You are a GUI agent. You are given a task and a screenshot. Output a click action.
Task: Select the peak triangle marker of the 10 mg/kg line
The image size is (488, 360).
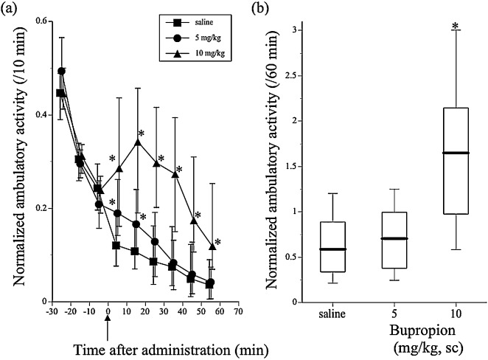pos(137,142)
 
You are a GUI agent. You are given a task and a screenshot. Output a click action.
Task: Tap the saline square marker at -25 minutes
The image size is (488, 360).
pos(60,93)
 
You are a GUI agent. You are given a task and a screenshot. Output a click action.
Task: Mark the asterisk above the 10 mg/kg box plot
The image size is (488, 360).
pos(455,27)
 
